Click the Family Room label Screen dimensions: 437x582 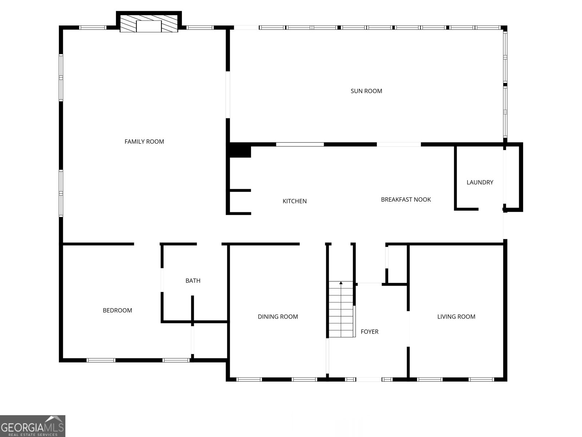pyautogui.click(x=144, y=142)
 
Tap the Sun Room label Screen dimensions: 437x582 pyautogui.click(x=366, y=91)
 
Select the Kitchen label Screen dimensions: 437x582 pyautogui.click(x=295, y=201)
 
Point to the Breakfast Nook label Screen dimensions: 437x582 pyautogui.click(x=406, y=200)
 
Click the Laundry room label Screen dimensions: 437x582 pyautogui.click(x=480, y=182)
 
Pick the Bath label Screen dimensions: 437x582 pyautogui.click(x=193, y=281)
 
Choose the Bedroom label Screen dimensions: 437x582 pyautogui.click(x=117, y=311)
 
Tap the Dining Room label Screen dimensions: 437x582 pyautogui.click(x=278, y=317)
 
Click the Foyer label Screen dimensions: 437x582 pyautogui.click(x=369, y=332)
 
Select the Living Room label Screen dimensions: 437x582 pyautogui.click(x=456, y=317)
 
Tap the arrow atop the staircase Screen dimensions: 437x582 pyautogui.click(x=341, y=283)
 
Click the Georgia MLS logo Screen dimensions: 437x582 pyautogui.click(x=32, y=426)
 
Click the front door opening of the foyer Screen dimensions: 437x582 pyautogui.click(x=368, y=379)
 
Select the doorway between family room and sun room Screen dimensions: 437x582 pyautogui.click(x=228, y=95)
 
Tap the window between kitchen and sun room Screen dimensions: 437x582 pyautogui.click(x=300, y=145)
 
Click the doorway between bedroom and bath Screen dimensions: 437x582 pyautogui.click(x=162, y=280)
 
